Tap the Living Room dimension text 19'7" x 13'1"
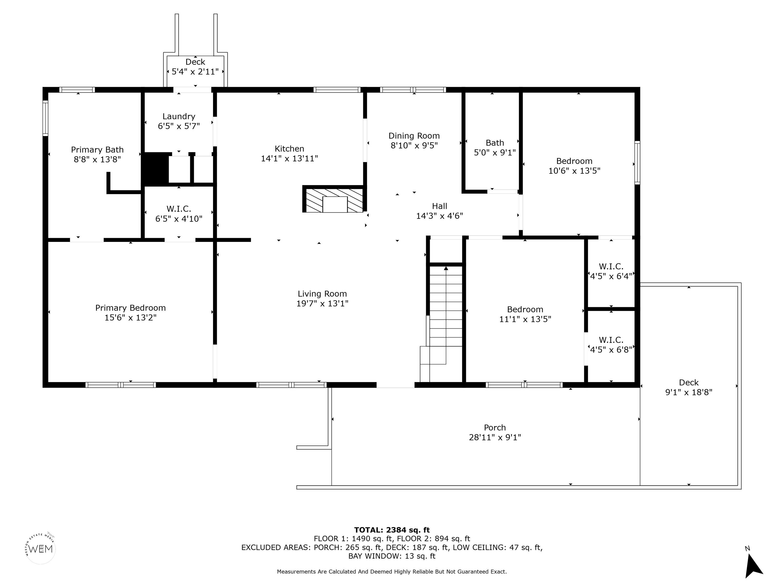(x=322, y=303)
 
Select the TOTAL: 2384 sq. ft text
(x=392, y=530)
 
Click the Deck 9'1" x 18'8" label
(x=689, y=387)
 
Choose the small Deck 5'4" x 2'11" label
(x=195, y=67)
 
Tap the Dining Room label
(x=414, y=141)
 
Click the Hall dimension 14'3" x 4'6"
(x=439, y=216)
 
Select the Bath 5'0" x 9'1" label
(x=495, y=148)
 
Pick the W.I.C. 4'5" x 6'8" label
(x=611, y=345)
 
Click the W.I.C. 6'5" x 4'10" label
(x=179, y=214)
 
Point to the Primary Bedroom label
(x=130, y=313)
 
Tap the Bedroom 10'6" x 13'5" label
(x=574, y=166)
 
